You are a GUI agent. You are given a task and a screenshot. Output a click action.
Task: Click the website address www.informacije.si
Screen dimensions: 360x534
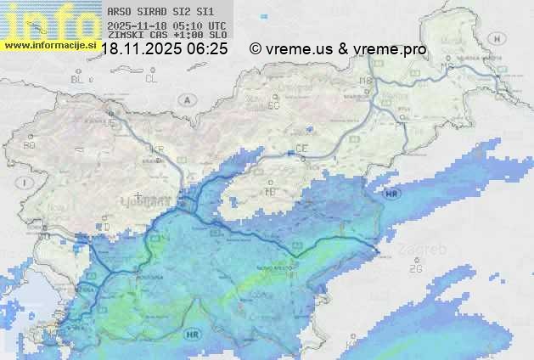click(x=50, y=44)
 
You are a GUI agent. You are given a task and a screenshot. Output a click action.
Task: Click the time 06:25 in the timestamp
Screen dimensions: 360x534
click(x=208, y=49)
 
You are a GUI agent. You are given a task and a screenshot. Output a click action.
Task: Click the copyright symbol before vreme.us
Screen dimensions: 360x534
click(x=256, y=49)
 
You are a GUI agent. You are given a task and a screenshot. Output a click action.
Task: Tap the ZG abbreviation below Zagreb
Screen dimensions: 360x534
click(x=415, y=268)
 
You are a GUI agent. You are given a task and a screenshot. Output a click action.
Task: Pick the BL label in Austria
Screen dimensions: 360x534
click(x=78, y=79)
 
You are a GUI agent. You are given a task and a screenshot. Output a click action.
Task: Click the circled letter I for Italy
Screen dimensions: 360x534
click(x=27, y=183)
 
